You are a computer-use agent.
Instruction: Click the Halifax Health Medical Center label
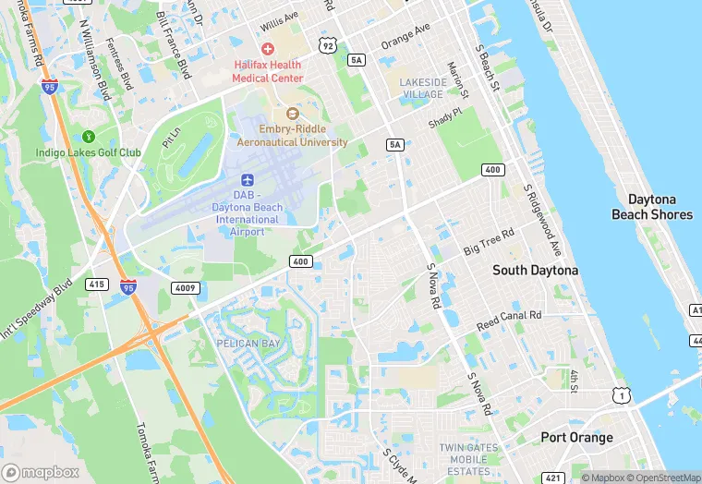[267, 72]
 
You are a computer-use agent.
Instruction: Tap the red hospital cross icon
[268, 48]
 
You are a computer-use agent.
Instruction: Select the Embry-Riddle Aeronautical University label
[292, 136]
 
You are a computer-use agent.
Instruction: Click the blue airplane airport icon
[247, 179]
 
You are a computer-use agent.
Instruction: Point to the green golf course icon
[89, 136]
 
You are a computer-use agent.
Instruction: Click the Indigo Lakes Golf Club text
[89, 152]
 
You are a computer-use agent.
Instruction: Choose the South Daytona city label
[535, 270]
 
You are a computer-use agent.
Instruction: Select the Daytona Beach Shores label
[651, 207]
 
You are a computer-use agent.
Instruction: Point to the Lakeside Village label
[422, 88]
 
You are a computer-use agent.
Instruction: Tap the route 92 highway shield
[327, 44]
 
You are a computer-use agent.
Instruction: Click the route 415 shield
[96, 284]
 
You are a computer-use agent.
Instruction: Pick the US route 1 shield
[624, 395]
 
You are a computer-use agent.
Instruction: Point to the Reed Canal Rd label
[509, 321]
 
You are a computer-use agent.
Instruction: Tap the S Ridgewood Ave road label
[543, 221]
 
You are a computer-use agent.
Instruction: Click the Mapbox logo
[42, 472]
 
